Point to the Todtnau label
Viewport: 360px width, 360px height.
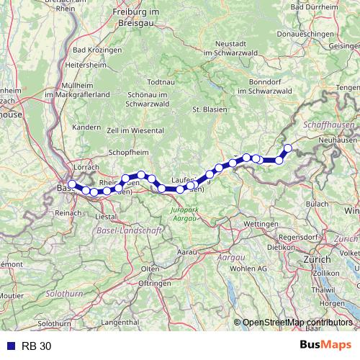coord(161,83)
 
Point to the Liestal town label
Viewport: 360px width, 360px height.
coord(106,216)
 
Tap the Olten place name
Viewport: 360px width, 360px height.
coord(150,269)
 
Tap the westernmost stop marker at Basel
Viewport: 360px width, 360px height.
coord(71,185)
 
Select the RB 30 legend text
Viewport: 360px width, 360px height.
coord(37,346)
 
